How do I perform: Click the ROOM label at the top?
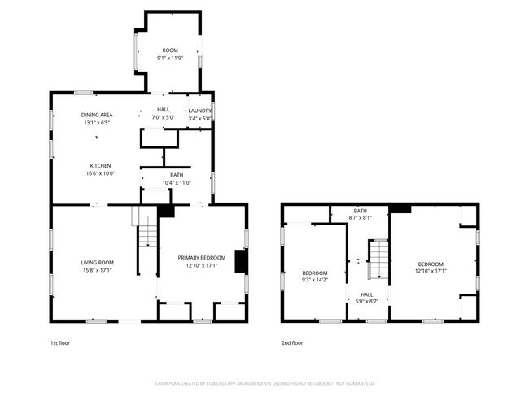(170, 50)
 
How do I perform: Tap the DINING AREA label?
(97, 115)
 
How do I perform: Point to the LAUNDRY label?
(200, 111)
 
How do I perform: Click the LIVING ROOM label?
(97, 262)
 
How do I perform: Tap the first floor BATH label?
(177, 175)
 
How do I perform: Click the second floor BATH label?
(360, 211)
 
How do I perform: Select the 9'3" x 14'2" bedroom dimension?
(315, 280)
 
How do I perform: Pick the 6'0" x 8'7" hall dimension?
(367, 302)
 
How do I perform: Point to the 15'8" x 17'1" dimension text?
(97, 269)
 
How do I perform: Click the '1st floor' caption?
(60, 343)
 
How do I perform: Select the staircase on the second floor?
(378, 259)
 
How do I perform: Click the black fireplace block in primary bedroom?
(241, 260)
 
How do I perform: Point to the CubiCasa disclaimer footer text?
(264, 382)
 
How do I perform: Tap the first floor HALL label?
(164, 110)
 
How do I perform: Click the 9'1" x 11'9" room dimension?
(170, 58)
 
